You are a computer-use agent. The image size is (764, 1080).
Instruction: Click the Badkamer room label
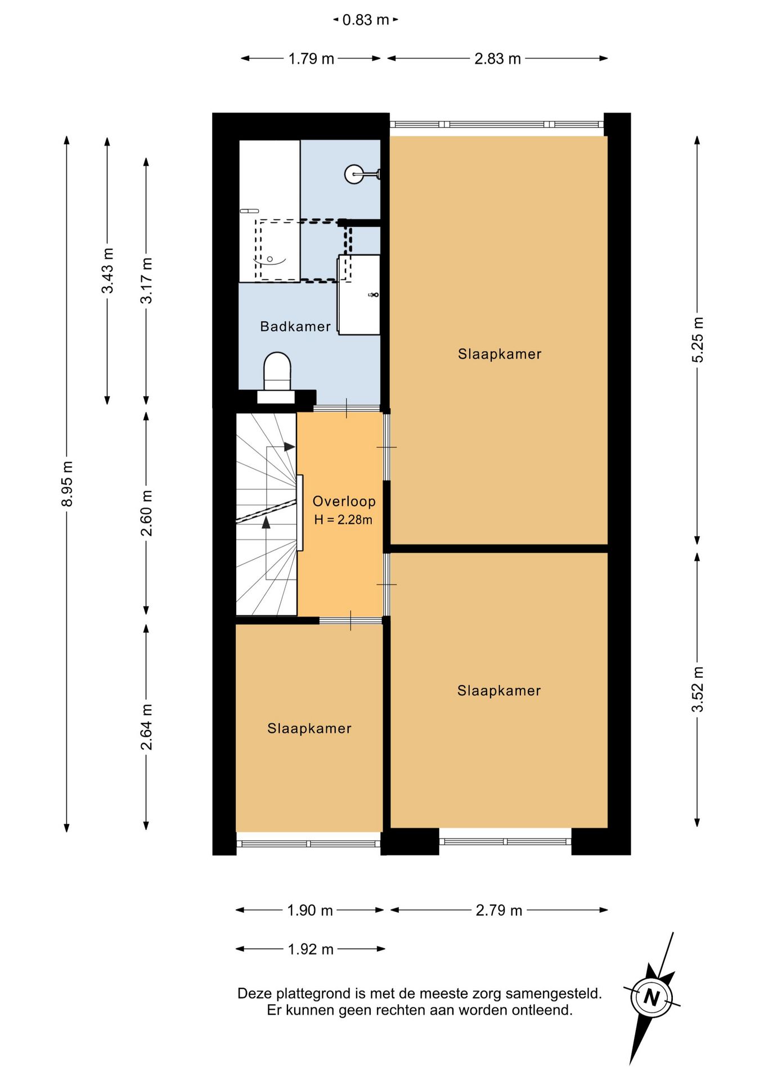click(x=295, y=326)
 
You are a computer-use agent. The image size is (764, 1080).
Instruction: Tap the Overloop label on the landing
click(x=344, y=501)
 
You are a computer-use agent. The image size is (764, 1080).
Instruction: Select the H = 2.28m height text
click(x=343, y=520)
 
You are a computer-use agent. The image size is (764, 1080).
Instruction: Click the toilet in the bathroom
click(x=277, y=371)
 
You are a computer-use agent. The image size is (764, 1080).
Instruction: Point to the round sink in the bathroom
click(x=354, y=174)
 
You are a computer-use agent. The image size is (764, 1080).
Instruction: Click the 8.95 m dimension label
click(x=67, y=483)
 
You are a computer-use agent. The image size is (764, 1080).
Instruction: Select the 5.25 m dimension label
click(x=698, y=340)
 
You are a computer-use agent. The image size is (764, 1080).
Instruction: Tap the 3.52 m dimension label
click(x=698, y=689)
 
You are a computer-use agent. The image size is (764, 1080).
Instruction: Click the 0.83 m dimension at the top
click(x=366, y=20)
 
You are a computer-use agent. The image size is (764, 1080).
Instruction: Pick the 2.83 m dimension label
click(x=497, y=58)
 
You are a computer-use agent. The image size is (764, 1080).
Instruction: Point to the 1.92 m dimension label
click(x=311, y=949)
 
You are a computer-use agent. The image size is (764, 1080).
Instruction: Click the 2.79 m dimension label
click(x=499, y=910)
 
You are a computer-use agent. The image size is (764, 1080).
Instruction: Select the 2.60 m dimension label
click(x=146, y=513)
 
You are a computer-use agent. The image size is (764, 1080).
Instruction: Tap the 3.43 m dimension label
click(x=107, y=271)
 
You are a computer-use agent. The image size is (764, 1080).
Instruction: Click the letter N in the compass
click(x=651, y=997)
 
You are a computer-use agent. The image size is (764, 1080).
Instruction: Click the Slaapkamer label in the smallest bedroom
click(x=309, y=728)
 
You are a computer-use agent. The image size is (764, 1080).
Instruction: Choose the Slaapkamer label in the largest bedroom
click(x=500, y=354)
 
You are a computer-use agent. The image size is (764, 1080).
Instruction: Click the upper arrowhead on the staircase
click(x=289, y=447)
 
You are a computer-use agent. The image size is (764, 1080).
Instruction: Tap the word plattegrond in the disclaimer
click(x=308, y=994)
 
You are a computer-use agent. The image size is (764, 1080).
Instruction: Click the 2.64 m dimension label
click(x=146, y=727)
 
